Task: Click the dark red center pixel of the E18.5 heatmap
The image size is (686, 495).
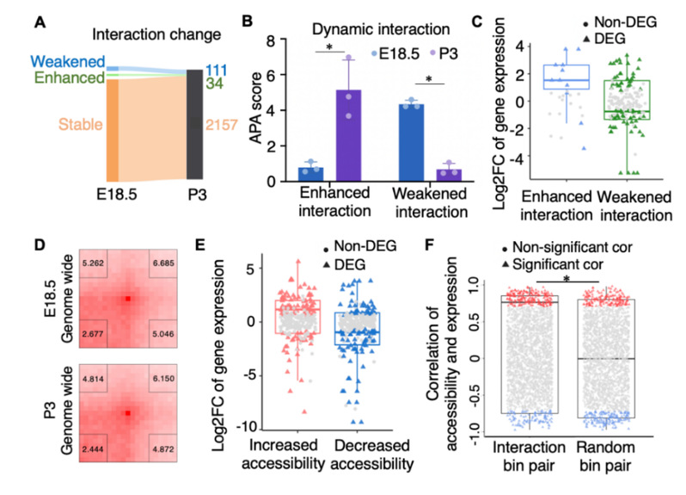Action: coord(127,298)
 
